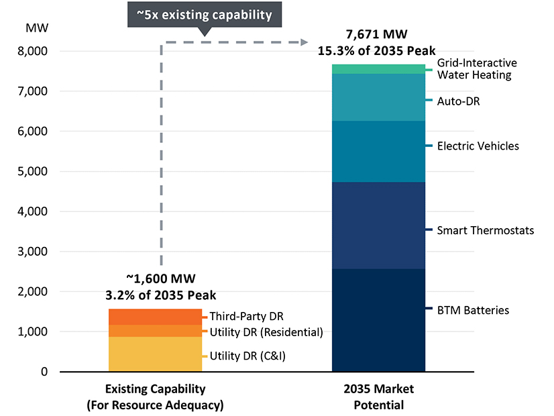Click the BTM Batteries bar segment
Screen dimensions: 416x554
[379, 320]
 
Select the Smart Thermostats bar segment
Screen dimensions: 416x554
[379, 225]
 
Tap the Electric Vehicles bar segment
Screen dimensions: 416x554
[379, 151]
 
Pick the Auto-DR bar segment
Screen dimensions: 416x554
[379, 97]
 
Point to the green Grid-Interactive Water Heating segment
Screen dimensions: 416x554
[379, 69]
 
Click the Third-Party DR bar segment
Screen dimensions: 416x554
[155, 317]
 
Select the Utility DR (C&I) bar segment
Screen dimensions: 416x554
[155, 354]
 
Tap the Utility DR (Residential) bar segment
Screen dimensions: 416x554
[155, 331]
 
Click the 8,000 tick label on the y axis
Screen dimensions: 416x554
[33, 51]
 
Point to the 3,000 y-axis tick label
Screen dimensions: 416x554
[33, 252]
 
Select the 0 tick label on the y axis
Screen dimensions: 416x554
[44, 372]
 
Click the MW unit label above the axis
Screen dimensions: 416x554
[34, 28]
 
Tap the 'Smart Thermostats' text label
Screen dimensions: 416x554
[486, 231]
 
